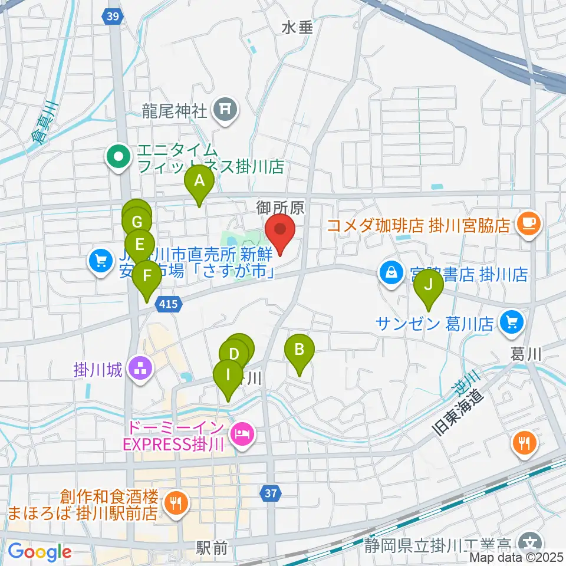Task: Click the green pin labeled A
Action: [199, 181]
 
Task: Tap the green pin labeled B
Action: [300, 350]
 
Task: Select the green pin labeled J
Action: [429, 285]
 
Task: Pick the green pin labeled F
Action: [146, 276]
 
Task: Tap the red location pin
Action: [280, 231]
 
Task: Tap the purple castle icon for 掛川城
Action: [140, 370]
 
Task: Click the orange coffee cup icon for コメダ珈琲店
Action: [528, 225]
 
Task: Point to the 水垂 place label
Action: [297, 27]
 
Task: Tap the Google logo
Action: [40, 552]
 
